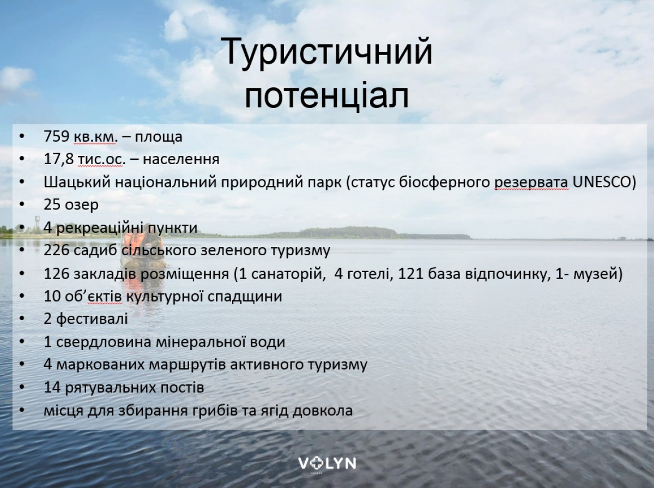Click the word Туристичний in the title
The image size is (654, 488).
click(x=327, y=51)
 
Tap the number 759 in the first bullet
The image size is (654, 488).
click(x=57, y=136)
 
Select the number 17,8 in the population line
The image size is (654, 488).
click(x=59, y=159)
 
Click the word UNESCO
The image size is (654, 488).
click(x=604, y=182)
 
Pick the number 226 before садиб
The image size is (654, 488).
click(x=57, y=250)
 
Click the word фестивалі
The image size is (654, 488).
click(x=92, y=319)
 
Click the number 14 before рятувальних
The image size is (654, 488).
click(x=52, y=388)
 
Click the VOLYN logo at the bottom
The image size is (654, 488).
click(x=327, y=464)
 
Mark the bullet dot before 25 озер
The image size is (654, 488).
click(x=22, y=205)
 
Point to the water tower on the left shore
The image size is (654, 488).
click(x=38, y=224)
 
